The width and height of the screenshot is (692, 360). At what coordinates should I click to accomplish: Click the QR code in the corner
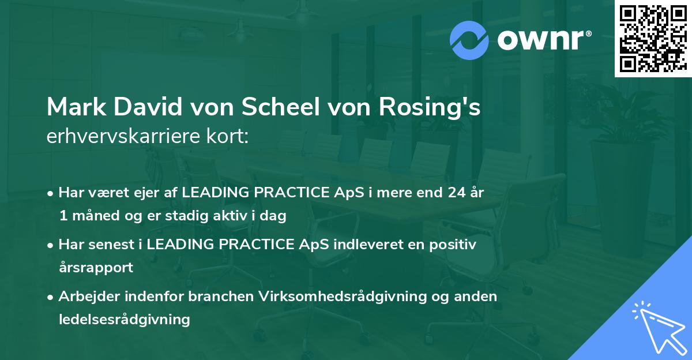coord(653,39)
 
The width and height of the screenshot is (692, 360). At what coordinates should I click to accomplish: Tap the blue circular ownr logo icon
coord(469,40)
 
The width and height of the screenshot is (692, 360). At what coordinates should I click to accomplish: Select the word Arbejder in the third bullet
coord(91,296)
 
